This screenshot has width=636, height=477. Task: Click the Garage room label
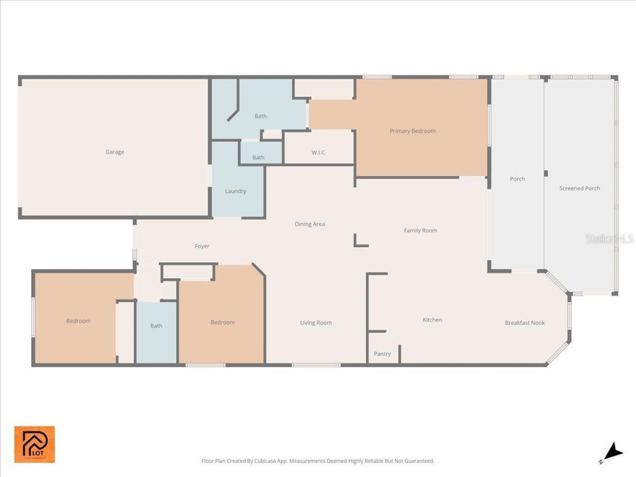coord(115,152)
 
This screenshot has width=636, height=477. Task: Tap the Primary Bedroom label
coord(412,131)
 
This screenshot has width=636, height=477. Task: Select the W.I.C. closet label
coord(319,153)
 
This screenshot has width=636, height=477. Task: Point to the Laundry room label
coord(236,191)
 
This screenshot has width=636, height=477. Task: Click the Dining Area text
coord(310,224)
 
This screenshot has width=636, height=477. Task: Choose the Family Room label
coord(420,231)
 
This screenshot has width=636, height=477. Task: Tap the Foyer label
coord(202,246)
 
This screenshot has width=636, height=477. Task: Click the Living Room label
coord(316,323)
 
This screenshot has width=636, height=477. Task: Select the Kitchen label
coord(432,320)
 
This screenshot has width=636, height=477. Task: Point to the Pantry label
coord(382,354)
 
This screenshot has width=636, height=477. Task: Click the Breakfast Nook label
coord(525,323)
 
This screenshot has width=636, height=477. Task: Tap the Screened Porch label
coord(579,188)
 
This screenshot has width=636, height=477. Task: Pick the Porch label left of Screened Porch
coord(517,179)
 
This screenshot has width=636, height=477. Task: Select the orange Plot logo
coord(34,444)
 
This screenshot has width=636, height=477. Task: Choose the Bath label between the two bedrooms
coord(156,326)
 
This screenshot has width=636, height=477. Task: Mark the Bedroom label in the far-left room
coord(79,321)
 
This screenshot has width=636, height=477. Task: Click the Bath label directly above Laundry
coord(258,158)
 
